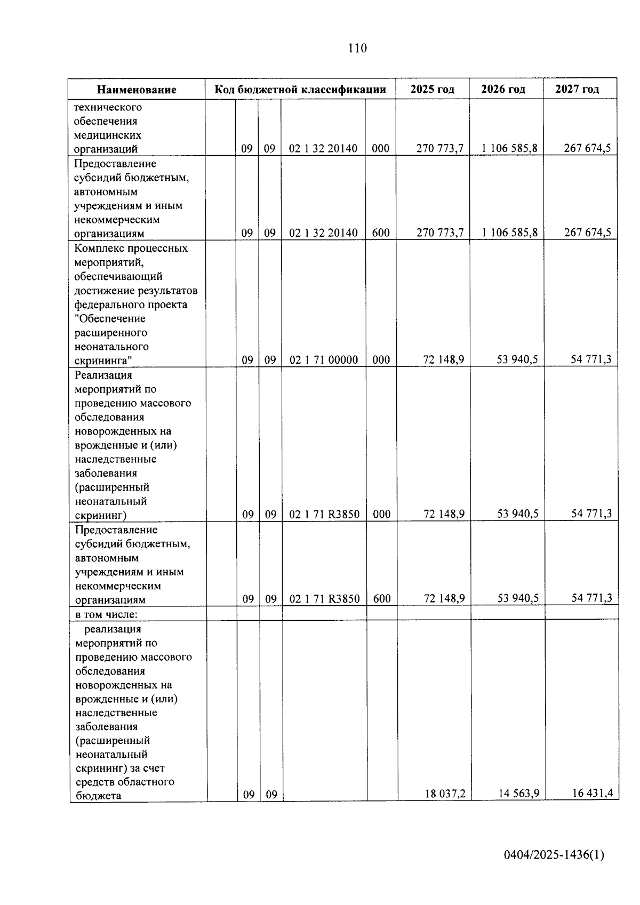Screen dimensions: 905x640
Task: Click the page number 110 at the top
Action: [x=357, y=49]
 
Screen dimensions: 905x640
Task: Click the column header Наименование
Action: [x=137, y=90]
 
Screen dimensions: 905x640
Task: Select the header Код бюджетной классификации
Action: [x=300, y=89]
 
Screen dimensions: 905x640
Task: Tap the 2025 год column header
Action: [x=432, y=89]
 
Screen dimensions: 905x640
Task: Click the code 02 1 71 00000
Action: [x=324, y=360]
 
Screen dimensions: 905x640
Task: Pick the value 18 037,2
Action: [x=445, y=794]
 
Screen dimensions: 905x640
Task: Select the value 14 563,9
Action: [x=519, y=794]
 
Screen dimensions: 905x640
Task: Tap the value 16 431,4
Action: [x=592, y=793]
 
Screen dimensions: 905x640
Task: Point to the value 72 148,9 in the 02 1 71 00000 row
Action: [x=443, y=359]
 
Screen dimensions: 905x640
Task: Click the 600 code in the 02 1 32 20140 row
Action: [x=381, y=233]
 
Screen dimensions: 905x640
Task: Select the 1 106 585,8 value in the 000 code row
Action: [x=509, y=148]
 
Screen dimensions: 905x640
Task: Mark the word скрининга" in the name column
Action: [x=103, y=361]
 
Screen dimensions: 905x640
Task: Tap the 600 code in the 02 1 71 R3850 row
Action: [x=382, y=599]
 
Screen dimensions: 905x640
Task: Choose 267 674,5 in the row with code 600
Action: [x=587, y=233]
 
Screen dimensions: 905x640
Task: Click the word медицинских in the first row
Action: [x=108, y=135]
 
